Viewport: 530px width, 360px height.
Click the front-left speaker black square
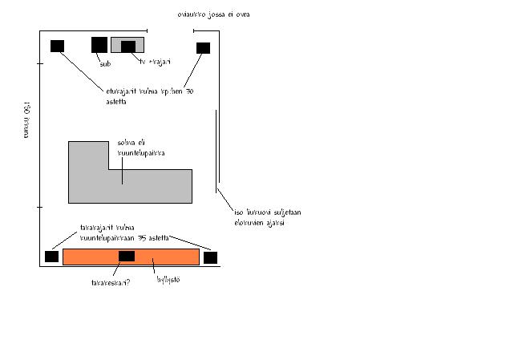[x=57, y=46]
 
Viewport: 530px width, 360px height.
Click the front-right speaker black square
[x=203, y=48]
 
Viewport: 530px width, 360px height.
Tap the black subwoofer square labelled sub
[x=99, y=45]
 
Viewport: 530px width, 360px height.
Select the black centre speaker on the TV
[x=128, y=46]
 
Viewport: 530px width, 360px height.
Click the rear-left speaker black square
[x=51, y=257]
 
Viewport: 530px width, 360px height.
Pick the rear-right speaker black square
[x=210, y=257]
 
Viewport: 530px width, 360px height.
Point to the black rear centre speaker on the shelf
[x=127, y=256]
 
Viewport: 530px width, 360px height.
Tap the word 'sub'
[x=104, y=63]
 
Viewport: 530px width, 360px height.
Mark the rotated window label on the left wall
[x=27, y=119]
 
